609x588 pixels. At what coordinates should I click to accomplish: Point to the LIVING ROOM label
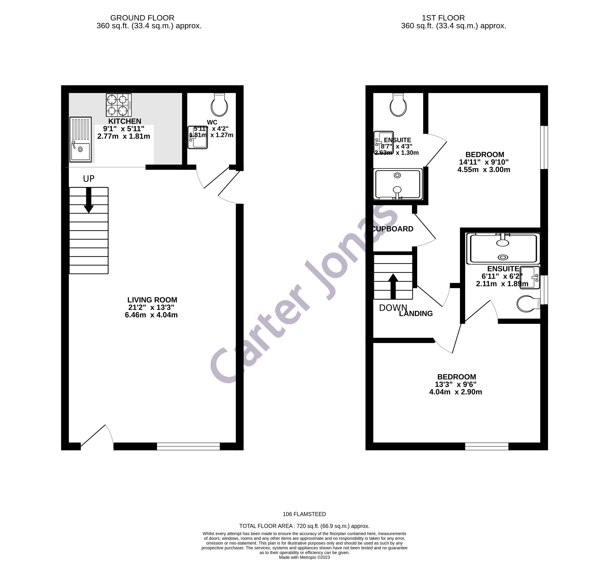[x=152, y=300]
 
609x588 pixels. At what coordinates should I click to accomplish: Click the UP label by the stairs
[x=89, y=179]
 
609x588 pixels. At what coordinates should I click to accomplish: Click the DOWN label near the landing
[x=393, y=308]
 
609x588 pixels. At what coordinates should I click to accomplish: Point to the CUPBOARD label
[x=393, y=229]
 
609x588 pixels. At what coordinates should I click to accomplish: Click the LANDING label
[x=416, y=314]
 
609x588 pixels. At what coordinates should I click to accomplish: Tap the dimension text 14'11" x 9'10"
[x=483, y=162]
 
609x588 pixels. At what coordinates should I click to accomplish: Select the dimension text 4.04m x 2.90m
[x=455, y=392]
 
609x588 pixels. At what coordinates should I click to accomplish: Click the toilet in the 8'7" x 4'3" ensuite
[x=398, y=105]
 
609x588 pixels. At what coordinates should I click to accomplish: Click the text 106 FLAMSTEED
[x=304, y=514]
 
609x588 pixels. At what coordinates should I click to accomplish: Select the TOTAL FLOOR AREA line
[x=304, y=526]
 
